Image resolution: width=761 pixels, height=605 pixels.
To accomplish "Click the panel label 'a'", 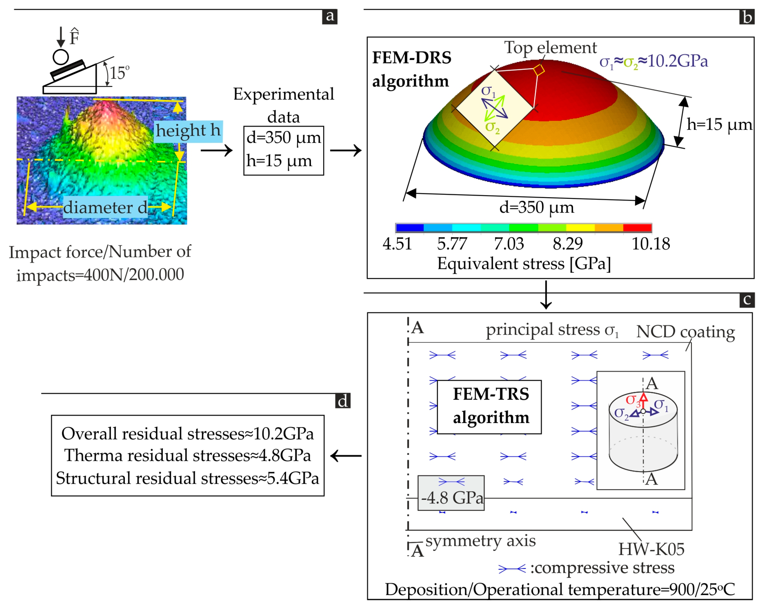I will [329, 16].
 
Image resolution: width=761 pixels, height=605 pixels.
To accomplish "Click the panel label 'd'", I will [342, 401].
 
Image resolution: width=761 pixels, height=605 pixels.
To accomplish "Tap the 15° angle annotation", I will [119, 73].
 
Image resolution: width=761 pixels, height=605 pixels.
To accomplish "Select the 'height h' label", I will [188, 131].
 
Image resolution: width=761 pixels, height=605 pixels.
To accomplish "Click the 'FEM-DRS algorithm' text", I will [411, 69].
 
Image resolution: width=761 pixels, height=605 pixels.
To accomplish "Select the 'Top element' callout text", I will [550, 48].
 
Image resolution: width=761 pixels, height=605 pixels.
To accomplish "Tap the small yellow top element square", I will [539, 69].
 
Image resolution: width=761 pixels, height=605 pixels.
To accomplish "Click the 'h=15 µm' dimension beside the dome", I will [719, 124].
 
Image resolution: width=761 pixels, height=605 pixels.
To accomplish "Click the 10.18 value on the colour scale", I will [651, 244].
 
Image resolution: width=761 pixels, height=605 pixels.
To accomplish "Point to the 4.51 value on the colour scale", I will [397, 244].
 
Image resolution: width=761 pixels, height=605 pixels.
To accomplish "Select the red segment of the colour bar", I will [637, 228].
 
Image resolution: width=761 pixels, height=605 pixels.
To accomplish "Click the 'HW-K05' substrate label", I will [651, 549].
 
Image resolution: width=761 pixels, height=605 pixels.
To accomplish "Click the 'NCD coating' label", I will [685, 332].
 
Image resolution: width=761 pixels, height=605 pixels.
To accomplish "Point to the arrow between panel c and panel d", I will [345, 456].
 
